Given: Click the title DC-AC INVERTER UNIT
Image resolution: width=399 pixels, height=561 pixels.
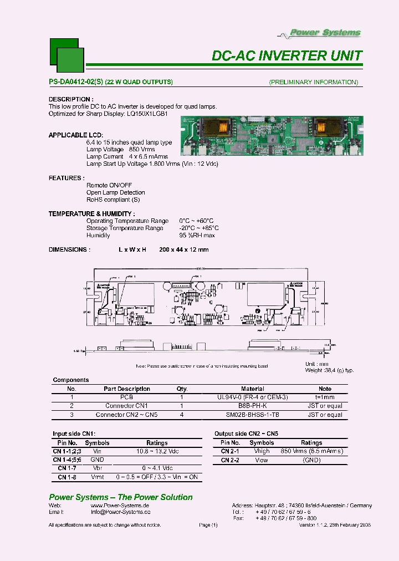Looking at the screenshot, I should (x=287, y=56).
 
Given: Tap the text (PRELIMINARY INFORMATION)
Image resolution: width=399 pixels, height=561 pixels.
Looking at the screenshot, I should (x=313, y=82).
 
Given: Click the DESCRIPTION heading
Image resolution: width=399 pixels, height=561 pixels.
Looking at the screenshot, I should (x=69, y=99).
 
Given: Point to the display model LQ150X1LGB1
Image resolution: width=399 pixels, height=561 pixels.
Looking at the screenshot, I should (x=147, y=114).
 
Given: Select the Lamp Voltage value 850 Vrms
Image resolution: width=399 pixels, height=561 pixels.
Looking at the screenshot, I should (x=142, y=150).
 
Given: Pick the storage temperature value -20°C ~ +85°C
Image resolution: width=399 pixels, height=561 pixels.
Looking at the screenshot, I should (x=198, y=228).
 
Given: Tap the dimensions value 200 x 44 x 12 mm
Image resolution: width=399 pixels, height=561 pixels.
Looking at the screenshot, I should (x=183, y=249).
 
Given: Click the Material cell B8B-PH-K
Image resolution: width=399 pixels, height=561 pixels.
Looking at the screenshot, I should (x=252, y=406).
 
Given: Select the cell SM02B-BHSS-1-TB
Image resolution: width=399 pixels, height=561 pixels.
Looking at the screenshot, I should (x=252, y=415).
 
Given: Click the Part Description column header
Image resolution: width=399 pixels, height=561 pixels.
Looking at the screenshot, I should (x=126, y=389).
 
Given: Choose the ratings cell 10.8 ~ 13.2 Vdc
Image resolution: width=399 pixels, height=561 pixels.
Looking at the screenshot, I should (x=157, y=451).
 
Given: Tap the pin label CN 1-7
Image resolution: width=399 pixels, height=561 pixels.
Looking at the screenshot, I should (x=67, y=468).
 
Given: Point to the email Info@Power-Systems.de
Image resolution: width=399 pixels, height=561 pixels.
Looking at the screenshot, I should (x=120, y=512).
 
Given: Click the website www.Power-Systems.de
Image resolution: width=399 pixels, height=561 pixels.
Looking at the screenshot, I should (x=120, y=506).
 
